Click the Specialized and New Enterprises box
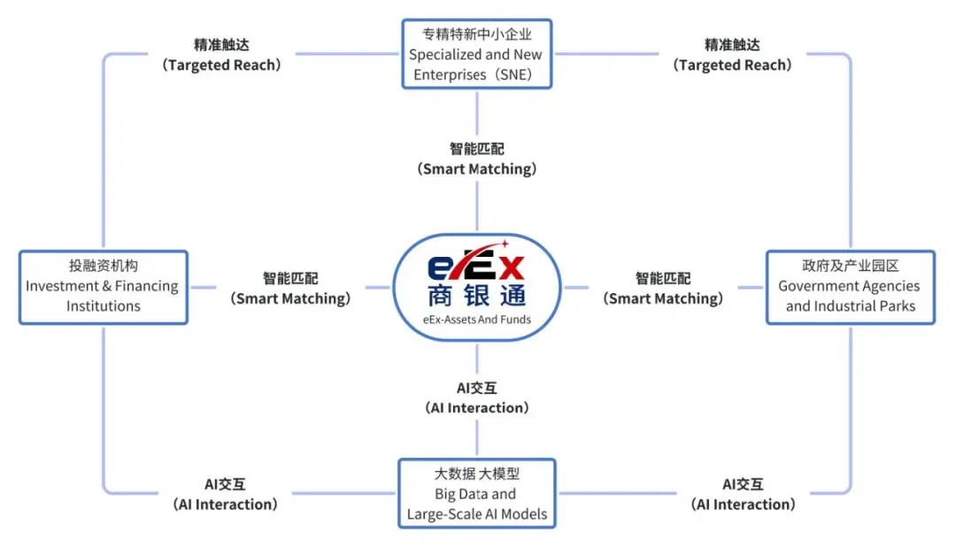point(477,54)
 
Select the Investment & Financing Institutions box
point(103,287)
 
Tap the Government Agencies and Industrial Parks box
point(850,287)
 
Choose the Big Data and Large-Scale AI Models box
point(477,493)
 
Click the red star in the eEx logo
point(505,244)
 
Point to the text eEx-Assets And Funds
point(477,320)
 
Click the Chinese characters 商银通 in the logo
point(477,296)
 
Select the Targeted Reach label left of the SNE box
point(221,55)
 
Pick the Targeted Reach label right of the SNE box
point(732,55)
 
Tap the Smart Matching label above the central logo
point(477,159)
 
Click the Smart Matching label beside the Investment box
point(290,289)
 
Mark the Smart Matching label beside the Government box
point(663,289)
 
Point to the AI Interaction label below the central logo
point(477,399)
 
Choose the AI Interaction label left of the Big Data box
point(225,494)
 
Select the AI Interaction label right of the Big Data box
point(743,494)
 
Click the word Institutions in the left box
point(103,306)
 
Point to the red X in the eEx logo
point(512,267)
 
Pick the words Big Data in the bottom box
point(458,494)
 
